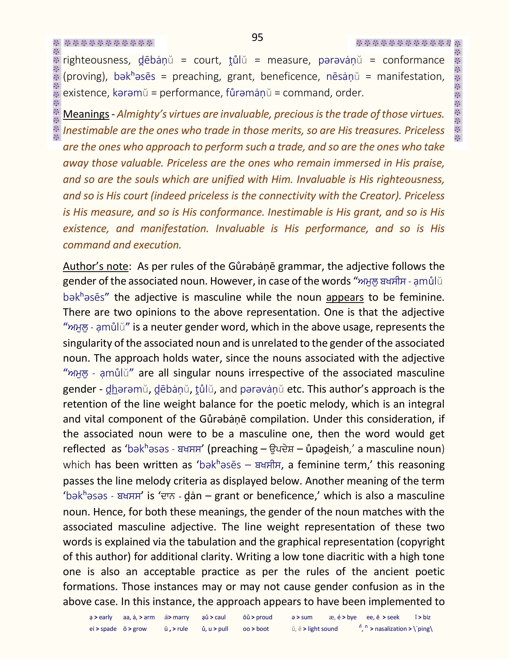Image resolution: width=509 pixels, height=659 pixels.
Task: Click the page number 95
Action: tap(257, 37)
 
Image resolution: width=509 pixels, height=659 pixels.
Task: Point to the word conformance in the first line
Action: tap(413, 60)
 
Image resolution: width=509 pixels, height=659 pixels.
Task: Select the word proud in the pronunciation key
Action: tap(264, 617)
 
